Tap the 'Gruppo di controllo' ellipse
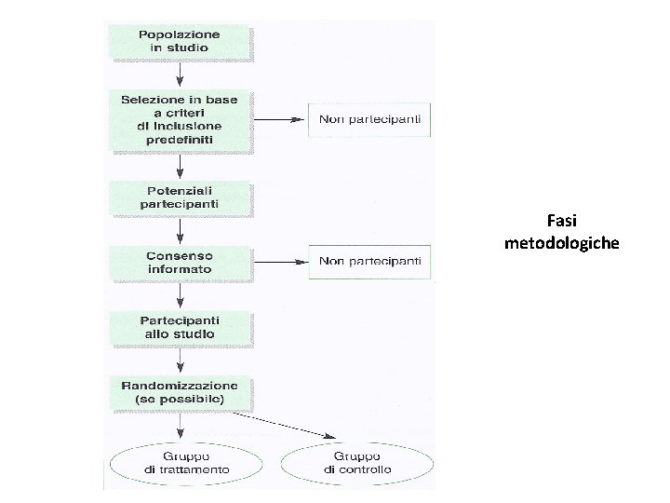[357, 463]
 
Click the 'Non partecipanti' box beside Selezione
[369, 119]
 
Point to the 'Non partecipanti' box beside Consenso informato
[369, 261]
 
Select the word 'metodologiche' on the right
[561, 243]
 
